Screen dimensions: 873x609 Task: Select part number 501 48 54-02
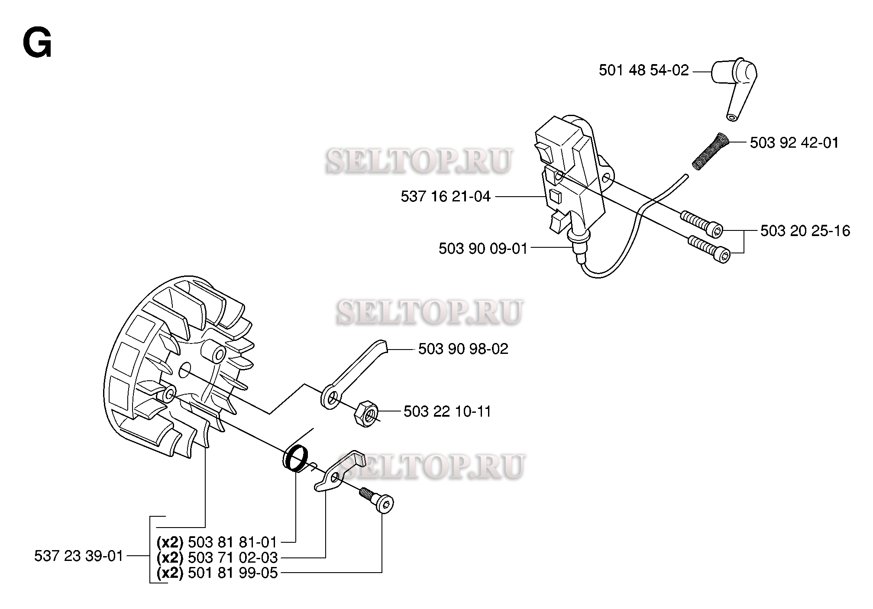pos(643,70)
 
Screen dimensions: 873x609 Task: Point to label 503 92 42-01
pos(794,143)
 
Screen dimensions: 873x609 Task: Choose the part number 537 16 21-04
pos(446,196)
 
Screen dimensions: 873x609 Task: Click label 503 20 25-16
pos(805,230)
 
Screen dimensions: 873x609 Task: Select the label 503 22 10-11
pos(447,411)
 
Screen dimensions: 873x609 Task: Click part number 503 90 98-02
pos(463,349)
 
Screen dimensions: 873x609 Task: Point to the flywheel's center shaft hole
pos(185,368)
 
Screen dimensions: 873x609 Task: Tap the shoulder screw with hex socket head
pos(377,500)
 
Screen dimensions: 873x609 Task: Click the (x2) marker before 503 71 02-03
pos(170,557)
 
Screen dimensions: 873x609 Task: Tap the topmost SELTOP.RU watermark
pos(419,161)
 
